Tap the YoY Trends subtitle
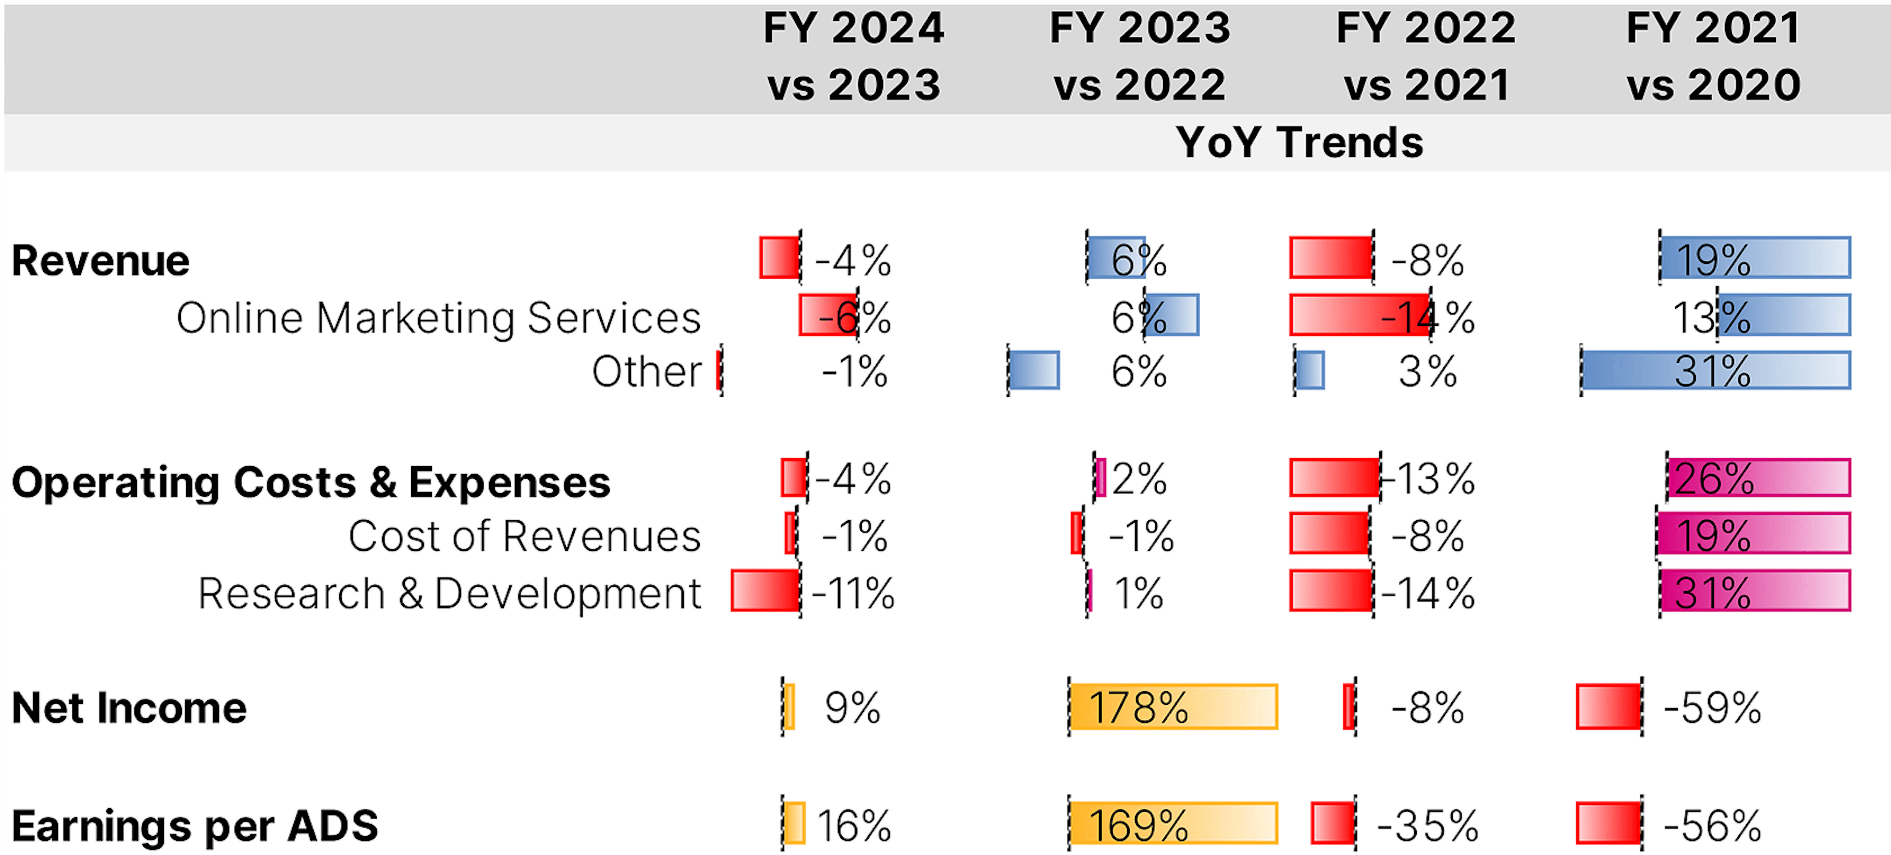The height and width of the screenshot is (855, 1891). pos(1300,142)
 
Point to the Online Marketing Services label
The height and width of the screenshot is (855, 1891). pos(438,318)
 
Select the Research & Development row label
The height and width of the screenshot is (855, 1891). pos(449,593)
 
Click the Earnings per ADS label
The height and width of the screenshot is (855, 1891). pos(195,825)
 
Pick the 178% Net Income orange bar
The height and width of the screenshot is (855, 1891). pos(1173,707)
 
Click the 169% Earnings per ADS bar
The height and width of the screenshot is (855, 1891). pos(1173,823)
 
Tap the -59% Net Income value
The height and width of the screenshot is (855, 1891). pos(1712,708)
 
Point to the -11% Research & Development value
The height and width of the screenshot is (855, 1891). pos(853,593)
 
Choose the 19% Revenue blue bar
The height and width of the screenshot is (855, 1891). pos(1755,257)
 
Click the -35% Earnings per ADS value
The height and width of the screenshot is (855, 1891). pos(1427,825)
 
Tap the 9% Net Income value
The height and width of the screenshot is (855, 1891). pos(852,708)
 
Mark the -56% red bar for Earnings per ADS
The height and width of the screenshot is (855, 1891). pos(1608,823)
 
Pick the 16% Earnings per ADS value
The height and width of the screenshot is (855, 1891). pos(854,825)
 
